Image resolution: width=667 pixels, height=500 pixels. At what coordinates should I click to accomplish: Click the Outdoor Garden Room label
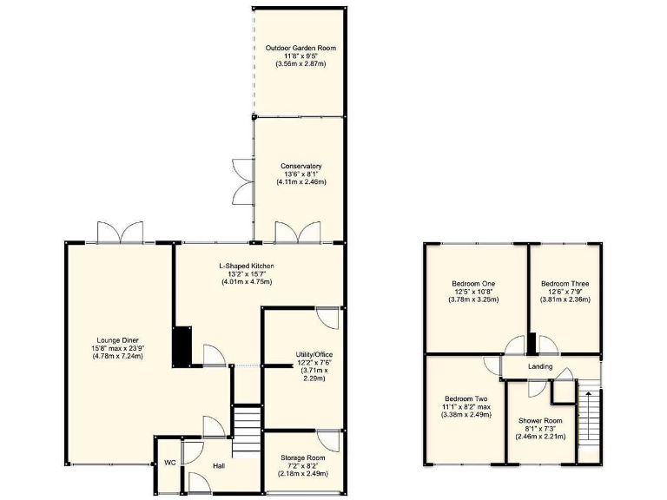pos(301,48)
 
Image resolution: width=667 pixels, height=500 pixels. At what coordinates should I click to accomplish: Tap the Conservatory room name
pos(301,166)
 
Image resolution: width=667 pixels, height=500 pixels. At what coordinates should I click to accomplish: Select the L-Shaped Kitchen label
pos(246,265)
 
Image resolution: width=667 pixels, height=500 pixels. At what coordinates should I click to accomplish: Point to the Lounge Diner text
pos(119,340)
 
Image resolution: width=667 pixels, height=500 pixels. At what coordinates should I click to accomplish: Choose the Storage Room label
pos(302,457)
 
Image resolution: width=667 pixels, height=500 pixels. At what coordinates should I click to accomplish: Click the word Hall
pos(220,466)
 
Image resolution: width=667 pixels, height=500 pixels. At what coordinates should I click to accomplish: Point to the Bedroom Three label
pos(565,284)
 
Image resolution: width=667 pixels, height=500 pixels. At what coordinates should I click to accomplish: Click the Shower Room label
pos(541,421)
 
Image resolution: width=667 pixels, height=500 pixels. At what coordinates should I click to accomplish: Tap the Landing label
pos(540,367)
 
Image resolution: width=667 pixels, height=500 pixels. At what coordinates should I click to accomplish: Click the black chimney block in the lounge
pos(182,345)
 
